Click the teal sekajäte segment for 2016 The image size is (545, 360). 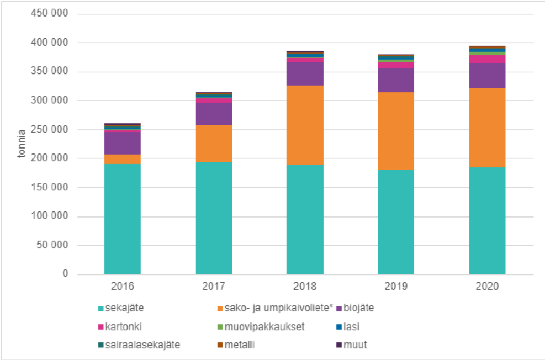[x=122, y=219]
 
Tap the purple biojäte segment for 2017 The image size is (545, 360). [x=214, y=114]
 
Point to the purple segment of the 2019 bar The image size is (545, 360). [x=396, y=80]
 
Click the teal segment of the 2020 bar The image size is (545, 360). [x=487, y=221]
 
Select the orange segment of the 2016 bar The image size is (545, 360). [x=122, y=159]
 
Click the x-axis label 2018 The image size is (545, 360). [x=304, y=287]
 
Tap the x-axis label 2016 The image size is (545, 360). [x=121, y=287]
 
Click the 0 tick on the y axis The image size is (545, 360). [x=65, y=274]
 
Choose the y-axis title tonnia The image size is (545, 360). [x=22, y=144]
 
